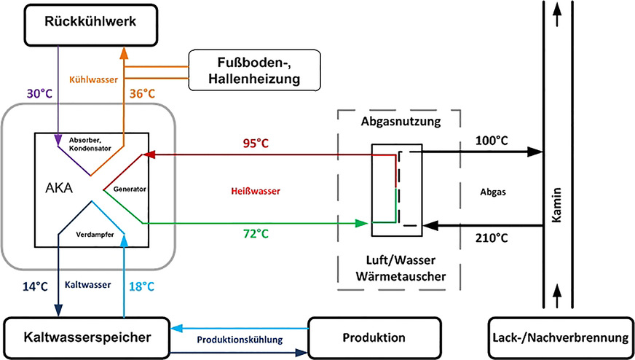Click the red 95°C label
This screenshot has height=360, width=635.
pyautogui.click(x=256, y=143)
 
